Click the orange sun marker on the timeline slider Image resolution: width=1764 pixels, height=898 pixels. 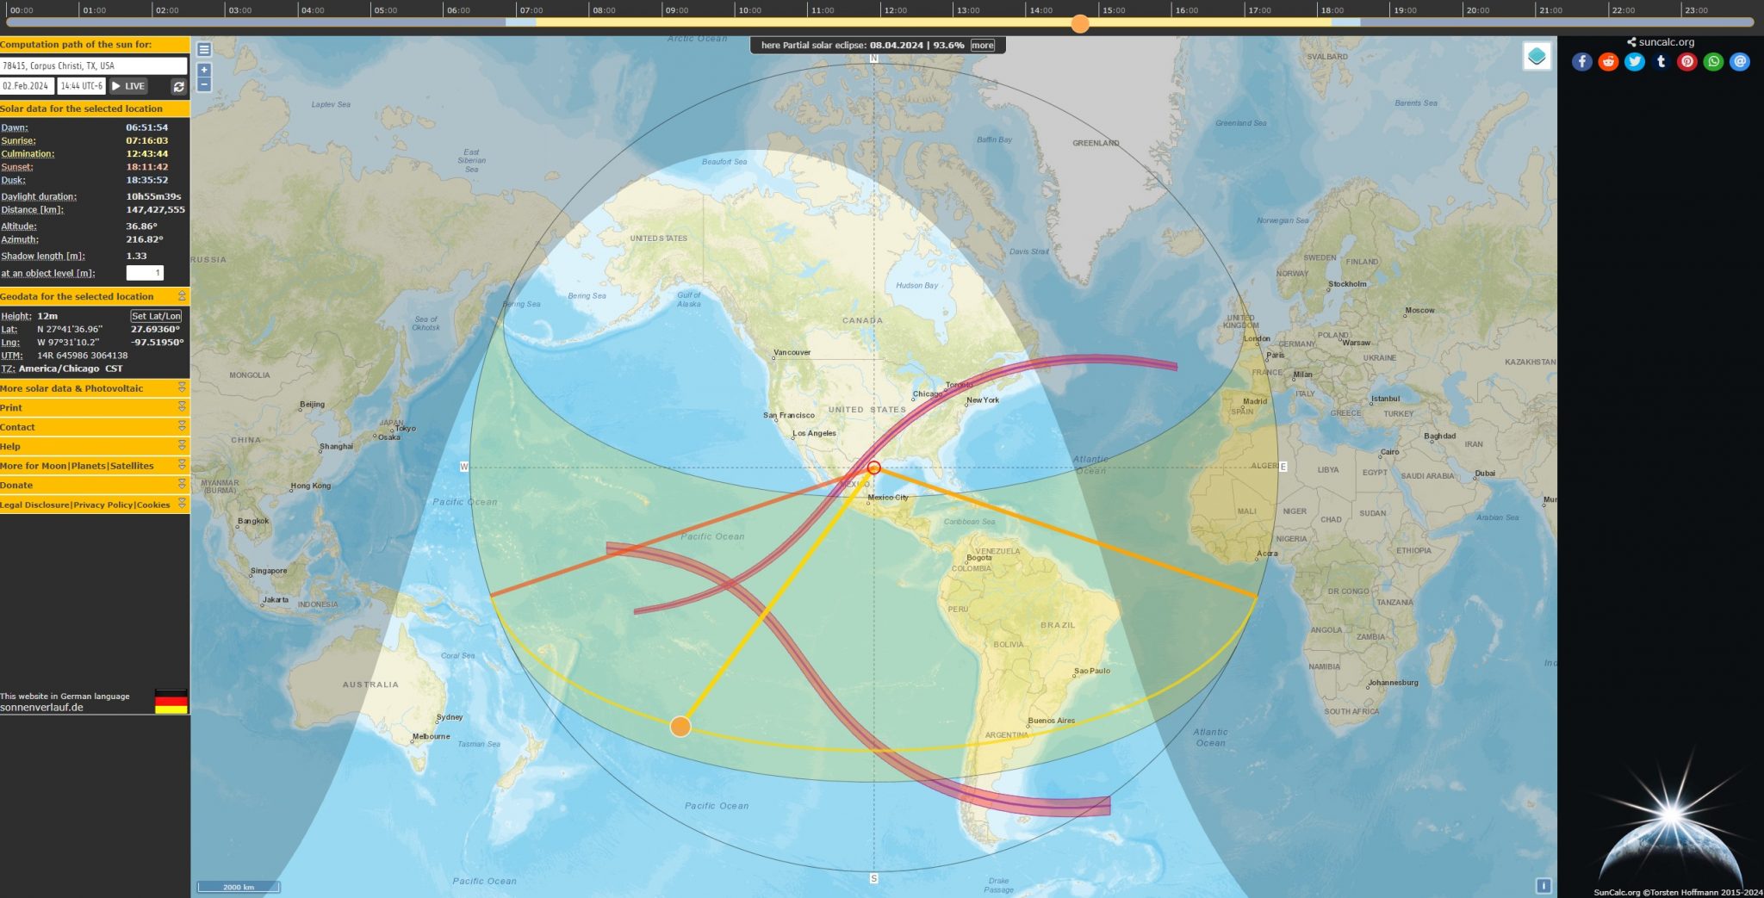(1080, 23)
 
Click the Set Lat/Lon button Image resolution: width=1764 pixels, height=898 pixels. (156, 316)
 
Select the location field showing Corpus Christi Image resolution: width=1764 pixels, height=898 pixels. (93, 65)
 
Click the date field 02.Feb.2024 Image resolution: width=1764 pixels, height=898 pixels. (27, 86)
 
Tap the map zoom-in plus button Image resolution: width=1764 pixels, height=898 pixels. (204, 70)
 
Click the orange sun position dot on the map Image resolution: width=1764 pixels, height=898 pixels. (680, 727)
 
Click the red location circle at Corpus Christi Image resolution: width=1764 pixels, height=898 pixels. (873, 468)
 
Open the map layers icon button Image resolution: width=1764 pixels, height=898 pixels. (1537, 57)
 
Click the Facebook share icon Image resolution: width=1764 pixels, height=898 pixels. (1581, 61)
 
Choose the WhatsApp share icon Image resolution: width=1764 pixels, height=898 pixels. (1713, 61)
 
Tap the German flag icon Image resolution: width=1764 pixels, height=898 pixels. (171, 701)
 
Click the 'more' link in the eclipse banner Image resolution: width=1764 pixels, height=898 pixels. (982, 46)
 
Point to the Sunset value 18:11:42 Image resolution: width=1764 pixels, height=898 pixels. (147, 167)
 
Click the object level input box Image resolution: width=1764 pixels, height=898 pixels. (145, 273)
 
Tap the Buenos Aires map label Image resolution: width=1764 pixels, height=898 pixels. (1051, 721)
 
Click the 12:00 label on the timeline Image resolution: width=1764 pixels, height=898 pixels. (895, 10)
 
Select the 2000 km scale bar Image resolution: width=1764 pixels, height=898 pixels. (239, 887)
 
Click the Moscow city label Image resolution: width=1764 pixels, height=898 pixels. (1419, 310)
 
